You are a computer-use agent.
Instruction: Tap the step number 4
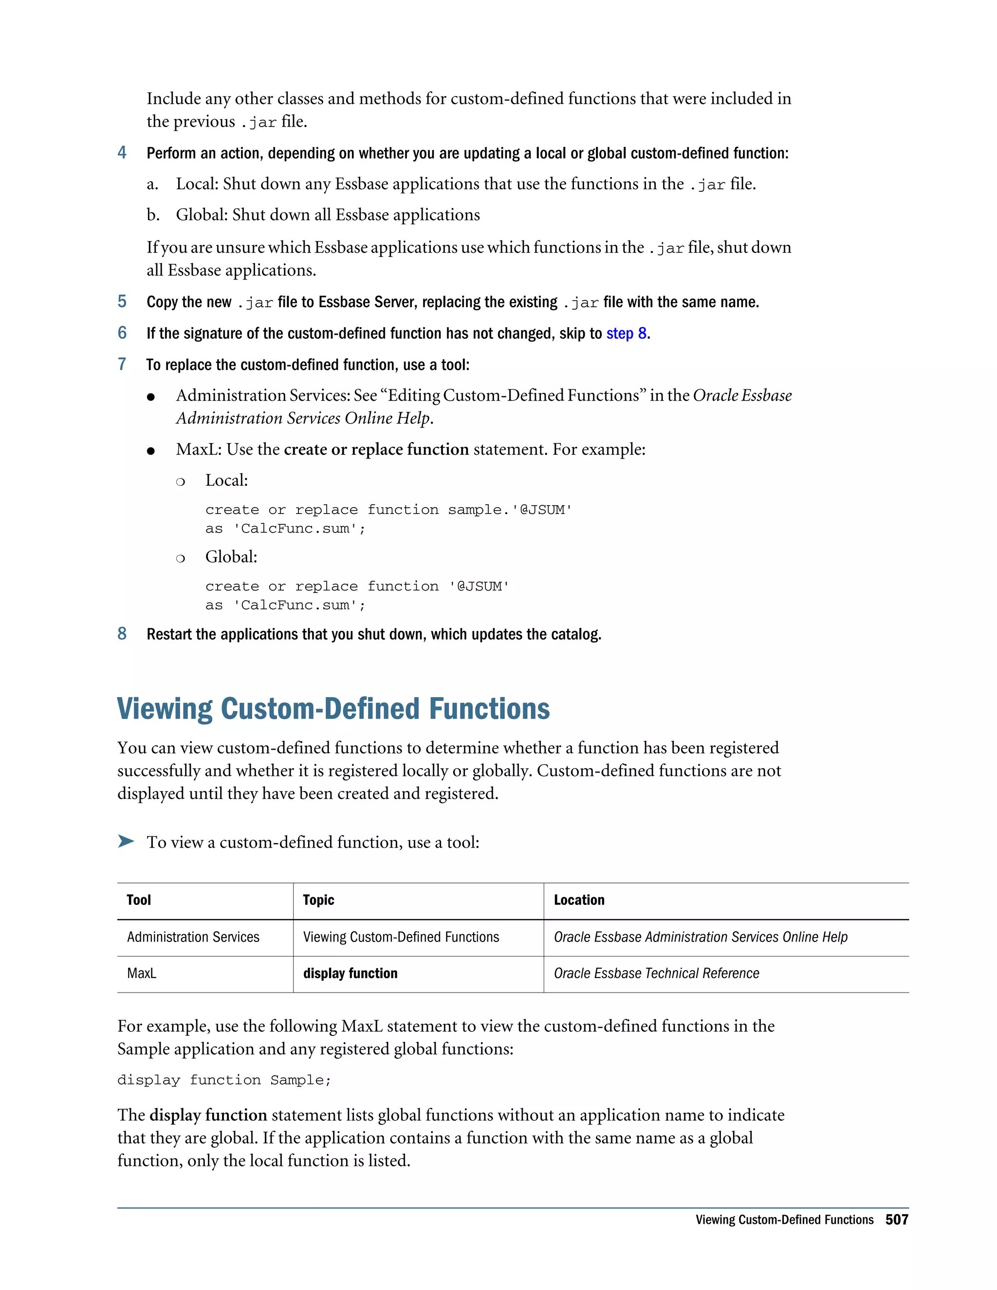coord(122,153)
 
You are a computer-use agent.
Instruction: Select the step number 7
coord(122,365)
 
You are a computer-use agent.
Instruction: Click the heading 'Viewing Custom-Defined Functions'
coord(333,709)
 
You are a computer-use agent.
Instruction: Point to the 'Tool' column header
coord(139,900)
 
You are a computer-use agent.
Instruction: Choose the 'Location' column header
coord(579,900)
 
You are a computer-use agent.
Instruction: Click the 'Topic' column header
coord(318,900)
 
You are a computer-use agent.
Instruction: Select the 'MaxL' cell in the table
coord(142,974)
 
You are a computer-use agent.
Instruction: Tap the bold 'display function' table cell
coord(350,974)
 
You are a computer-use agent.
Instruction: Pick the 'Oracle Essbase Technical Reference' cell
coord(656,974)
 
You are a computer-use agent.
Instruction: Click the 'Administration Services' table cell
coord(193,938)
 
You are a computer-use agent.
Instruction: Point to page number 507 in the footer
coord(897,1220)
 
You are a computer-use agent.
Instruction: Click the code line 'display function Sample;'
coord(224,1080)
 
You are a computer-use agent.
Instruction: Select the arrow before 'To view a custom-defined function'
coord(126,841)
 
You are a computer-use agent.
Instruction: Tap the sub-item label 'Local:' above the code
coord(226,480)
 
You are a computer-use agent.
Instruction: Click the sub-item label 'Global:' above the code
coord(231,557)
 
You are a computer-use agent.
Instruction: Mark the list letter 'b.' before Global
coord(153,215)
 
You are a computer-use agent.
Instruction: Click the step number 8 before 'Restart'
coord(122,634)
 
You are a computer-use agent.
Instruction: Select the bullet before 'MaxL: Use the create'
coord(151,451)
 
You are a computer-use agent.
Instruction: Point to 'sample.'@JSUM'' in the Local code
coord(510,510)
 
